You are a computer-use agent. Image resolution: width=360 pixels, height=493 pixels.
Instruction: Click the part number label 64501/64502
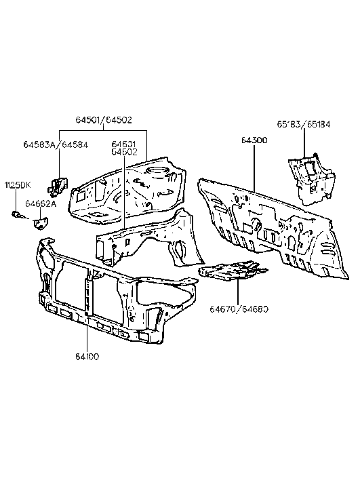click(x=104, y=120)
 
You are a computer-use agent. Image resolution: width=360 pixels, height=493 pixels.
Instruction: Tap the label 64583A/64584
click(x=52, y=144)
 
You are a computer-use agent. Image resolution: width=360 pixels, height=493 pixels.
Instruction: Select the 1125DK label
click(x=18, y=185)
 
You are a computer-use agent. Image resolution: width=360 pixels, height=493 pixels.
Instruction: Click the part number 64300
click(x=254, y=140)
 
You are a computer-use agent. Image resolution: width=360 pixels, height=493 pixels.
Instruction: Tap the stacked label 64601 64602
click(x=124, y=148)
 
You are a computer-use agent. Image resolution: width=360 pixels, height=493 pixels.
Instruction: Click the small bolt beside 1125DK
click(x=17, y=216)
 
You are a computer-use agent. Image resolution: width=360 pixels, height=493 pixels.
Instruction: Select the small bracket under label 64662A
click(x=41, y=222)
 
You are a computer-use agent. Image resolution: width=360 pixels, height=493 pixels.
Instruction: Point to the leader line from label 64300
click(x=254, y=166)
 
